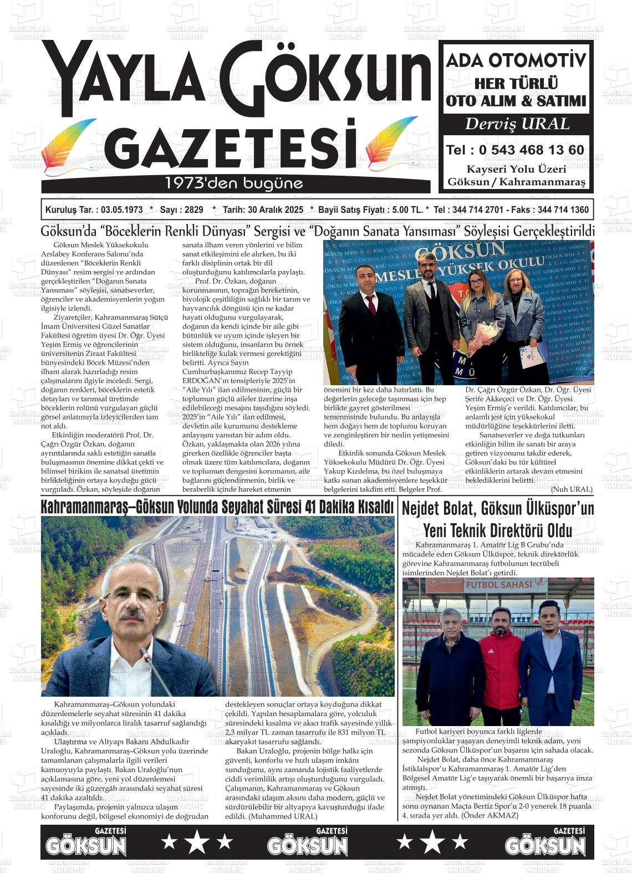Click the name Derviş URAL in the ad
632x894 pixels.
(516, 124)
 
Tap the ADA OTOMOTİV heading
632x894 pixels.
(516, 60)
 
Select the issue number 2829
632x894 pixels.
(193, 210)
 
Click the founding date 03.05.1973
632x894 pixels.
(118, 210)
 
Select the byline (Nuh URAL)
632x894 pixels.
(571, 489)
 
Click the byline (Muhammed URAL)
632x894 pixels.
(282, 816)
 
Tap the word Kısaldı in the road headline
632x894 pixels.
(370, 507)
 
